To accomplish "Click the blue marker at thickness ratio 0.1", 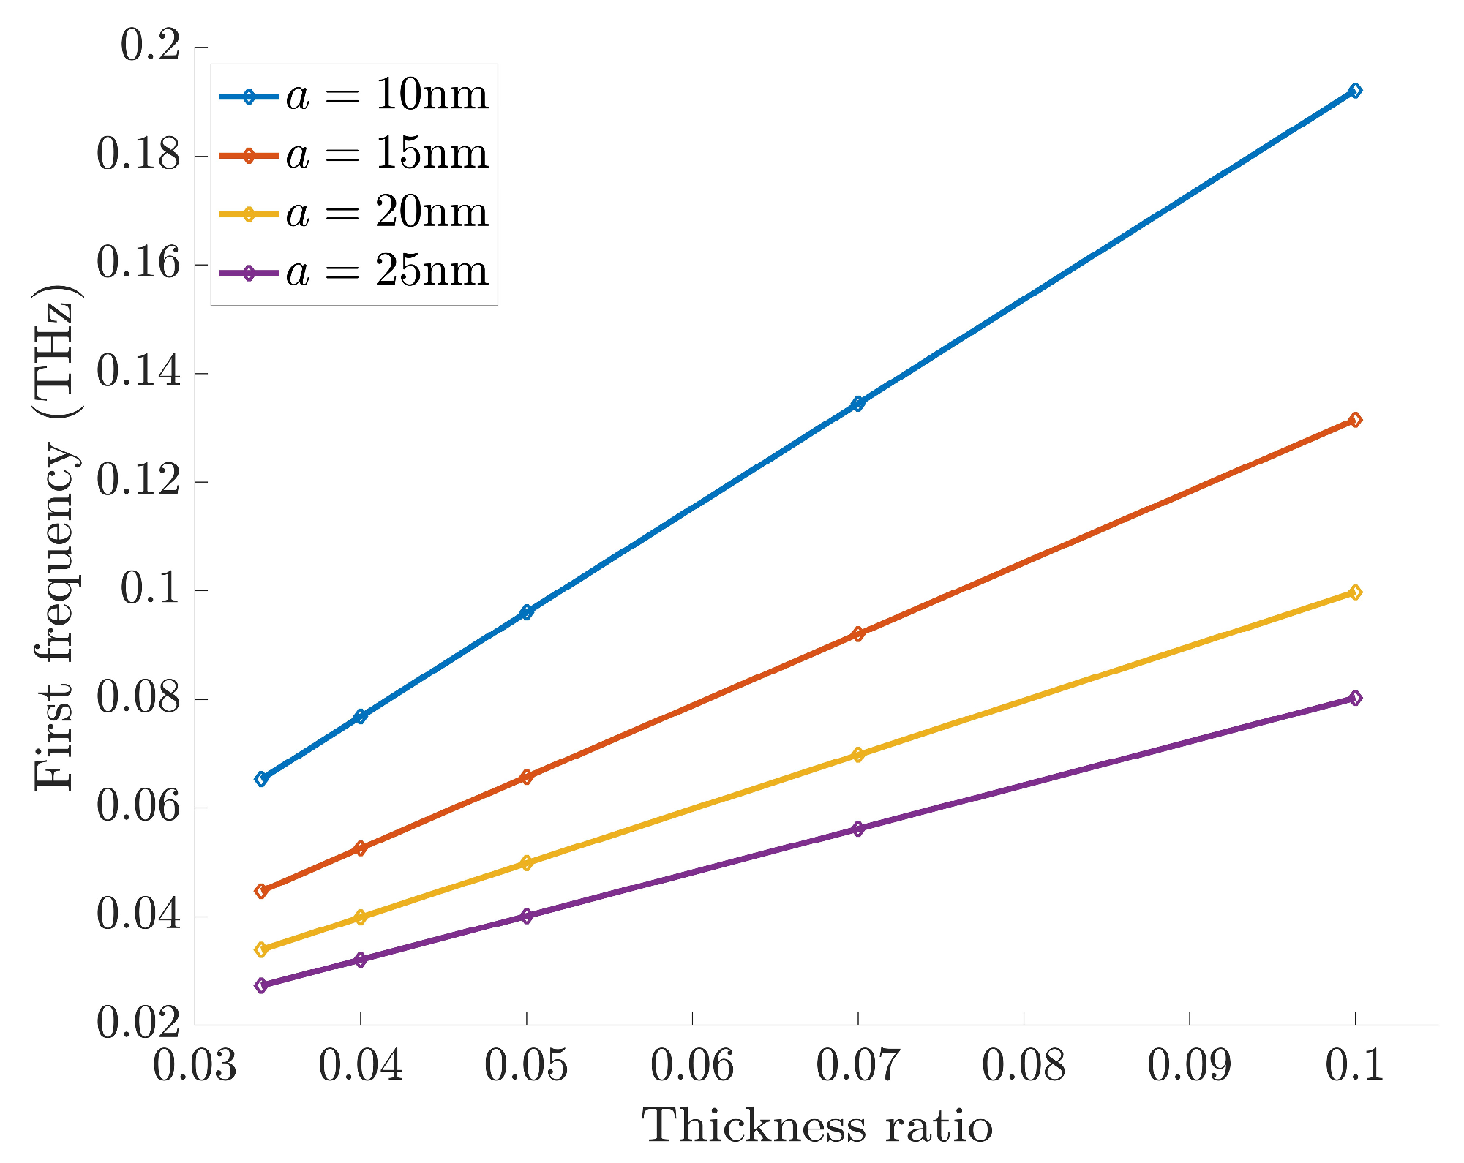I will (1354, 91).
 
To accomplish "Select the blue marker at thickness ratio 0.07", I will (857, 403).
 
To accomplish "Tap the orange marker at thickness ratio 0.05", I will (526, 776).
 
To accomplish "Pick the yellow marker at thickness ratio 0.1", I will (1354, 592).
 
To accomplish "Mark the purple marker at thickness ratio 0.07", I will (857, 829).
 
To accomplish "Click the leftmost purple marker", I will (261, 985).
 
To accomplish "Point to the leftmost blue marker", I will (261, 778).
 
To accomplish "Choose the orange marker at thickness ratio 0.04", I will (360, 848).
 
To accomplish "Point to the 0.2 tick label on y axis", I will (150, 48).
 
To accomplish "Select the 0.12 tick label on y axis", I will (138, 482).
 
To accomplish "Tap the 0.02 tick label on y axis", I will (138, 1024).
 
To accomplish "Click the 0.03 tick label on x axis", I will (195, 1066).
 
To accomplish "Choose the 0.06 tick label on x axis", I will (692, 1066).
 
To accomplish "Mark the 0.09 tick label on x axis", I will (1189, 1066).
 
